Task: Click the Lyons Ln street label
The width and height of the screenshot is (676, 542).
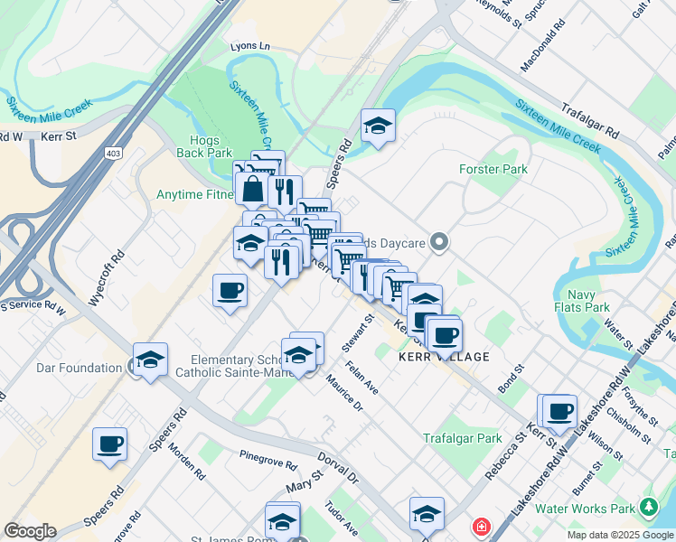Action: click(x=250, y=46)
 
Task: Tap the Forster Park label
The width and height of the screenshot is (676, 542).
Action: click(x=493, y=169)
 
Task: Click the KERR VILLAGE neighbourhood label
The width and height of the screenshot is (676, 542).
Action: click(x=444, y=357)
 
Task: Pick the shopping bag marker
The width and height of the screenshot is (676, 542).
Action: click(x=252, y=190)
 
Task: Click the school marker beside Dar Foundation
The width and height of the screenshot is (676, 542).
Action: click(x=151, y=360)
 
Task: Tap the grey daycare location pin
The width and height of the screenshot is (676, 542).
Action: click(x=439, y=241)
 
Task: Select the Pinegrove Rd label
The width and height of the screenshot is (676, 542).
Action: click(x=268, y=458)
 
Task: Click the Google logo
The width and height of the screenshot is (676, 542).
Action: click(x=30, y=531)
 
